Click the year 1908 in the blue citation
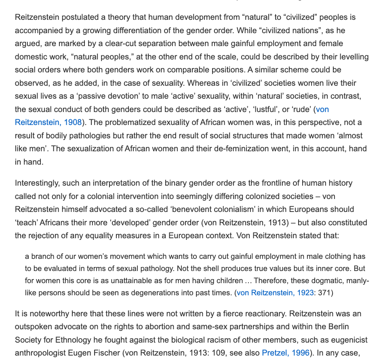73,122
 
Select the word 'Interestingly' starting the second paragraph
37,183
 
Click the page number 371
324,292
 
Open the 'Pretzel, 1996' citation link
286,353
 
